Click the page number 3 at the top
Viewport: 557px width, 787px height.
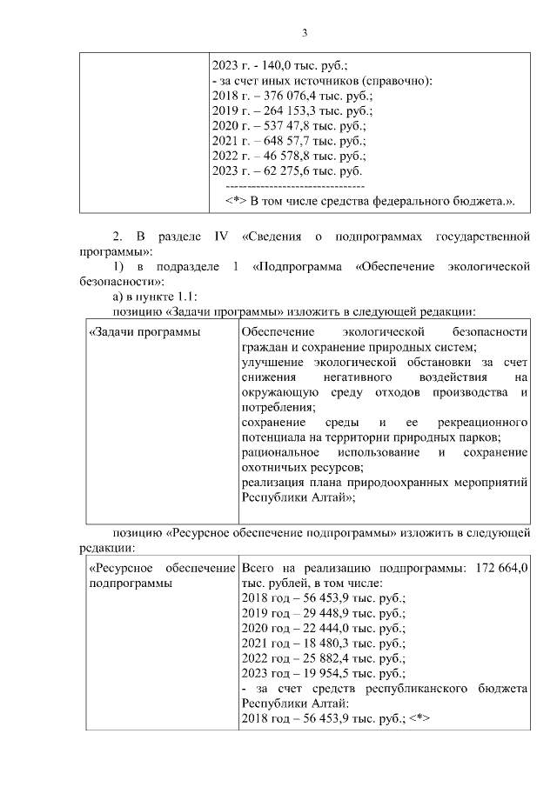(305, 34)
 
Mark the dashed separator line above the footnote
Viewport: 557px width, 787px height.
(294, 187)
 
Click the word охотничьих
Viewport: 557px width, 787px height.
(272, 467)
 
